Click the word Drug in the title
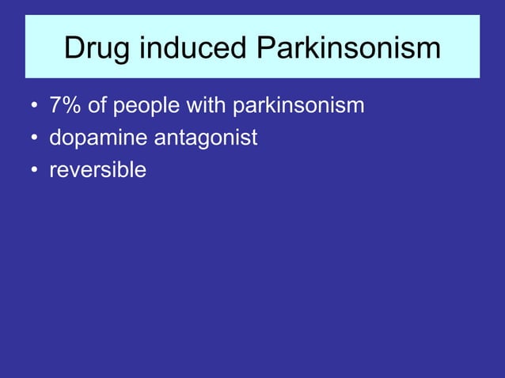click(x=96, y=48)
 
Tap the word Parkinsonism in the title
click(x=348, y=48)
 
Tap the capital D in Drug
click(x=74, y=48)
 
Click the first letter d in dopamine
click(x=56, y=138)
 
